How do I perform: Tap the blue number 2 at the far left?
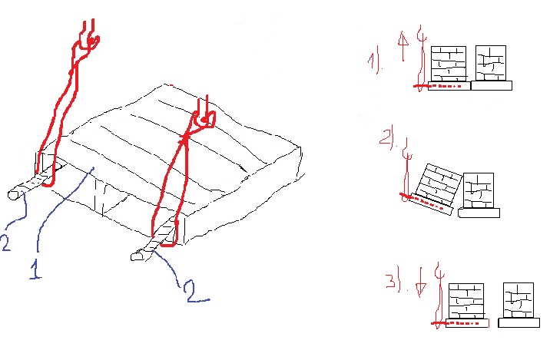click(6, 243)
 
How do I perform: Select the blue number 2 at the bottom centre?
click(197, 291)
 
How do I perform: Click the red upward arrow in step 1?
click(403, 45)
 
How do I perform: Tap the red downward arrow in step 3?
click(421, 282)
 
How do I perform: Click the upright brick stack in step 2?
click(479, 190)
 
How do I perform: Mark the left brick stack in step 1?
click(449, 64)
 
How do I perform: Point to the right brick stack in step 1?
click(491, 63)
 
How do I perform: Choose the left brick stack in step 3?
click(466, 302)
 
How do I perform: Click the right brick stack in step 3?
click(519, 300)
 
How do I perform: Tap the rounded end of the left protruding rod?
click(13, 195)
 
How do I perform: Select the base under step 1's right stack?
click(492, 85)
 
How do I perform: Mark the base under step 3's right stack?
click(519, 323)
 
